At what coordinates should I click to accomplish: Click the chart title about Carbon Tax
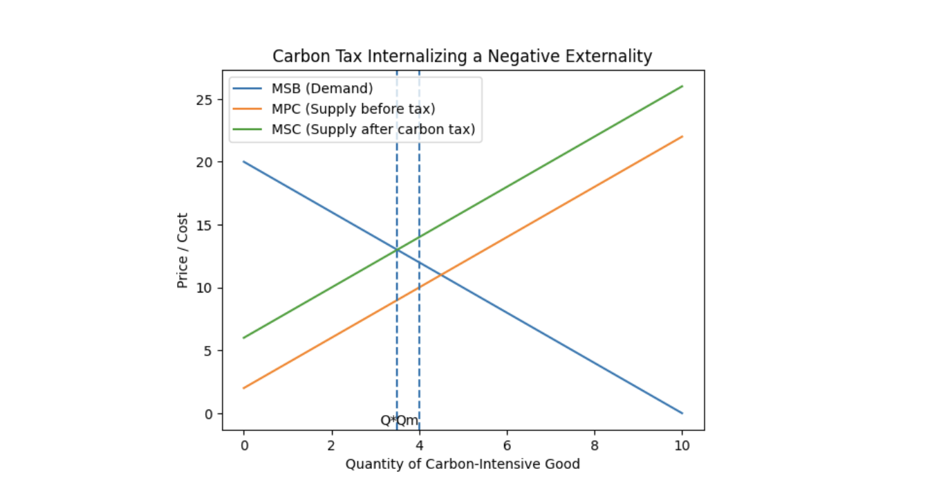pyautogui.click(x=462, y=56)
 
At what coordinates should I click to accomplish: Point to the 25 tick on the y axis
pyautogui.click(x=205, y=99)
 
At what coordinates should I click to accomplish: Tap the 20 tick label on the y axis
pyautogui.click(x=205, y=162)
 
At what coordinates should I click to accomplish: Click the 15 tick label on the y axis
pyautogui.click(x=205, y=225)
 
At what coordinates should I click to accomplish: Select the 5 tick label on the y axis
pyautogui.click(x=208, y=351)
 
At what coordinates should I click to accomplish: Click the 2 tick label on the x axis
pyautogui.click(x=331, y=445)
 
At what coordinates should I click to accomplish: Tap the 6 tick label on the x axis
pyautogui.click(x=507, y=445)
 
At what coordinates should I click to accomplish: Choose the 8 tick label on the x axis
pyautogui.click(x=595, y=445)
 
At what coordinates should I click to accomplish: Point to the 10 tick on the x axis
pyautogui.click(x=682, y=445)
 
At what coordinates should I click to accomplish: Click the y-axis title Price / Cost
pyautogui.click(x=183, y=250)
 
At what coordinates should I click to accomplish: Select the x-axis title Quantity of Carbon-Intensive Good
pyautogui.click(x=463, y=464)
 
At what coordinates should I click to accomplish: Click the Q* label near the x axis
pyautogui.click(x=388, y=421)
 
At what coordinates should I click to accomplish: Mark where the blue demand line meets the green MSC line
pyautogui.click(x=397, y=250)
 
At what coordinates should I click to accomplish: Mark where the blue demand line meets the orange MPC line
pyautogui.click(x=440, y=275)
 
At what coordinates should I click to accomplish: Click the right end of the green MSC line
pyautogui.click(x=682, y=86)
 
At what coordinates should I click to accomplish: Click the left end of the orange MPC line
pyautogui.click(x=243, y=388)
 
